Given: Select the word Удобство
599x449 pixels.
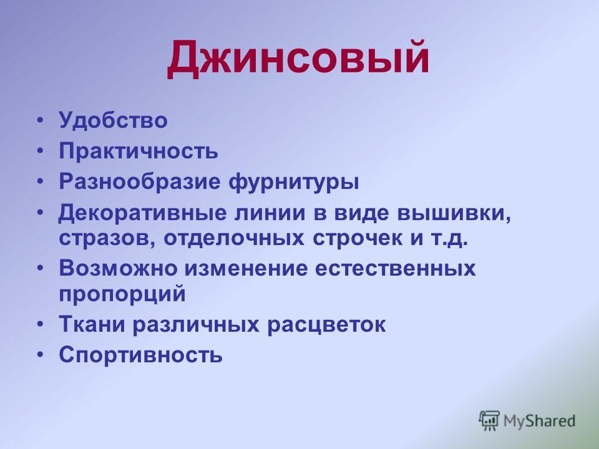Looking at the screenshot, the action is click(x=113, y=120).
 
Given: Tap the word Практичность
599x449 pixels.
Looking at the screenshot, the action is click(x=139, y=151).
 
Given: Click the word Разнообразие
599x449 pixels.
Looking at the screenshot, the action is click(x=140, y=182).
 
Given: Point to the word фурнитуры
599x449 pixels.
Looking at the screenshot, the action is click(x=294, y=182).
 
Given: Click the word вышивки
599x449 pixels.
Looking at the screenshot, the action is click(x=454, y=213).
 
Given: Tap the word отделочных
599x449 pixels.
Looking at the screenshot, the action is click(x=234, y=238).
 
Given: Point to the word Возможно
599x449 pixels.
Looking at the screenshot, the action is click(x=118, y=268).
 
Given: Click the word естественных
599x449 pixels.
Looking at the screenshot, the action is click(x=396, y=269).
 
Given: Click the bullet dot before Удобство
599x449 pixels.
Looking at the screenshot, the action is click(x=41, y=121).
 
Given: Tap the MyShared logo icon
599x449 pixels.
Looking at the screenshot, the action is click(x=489, y=420).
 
